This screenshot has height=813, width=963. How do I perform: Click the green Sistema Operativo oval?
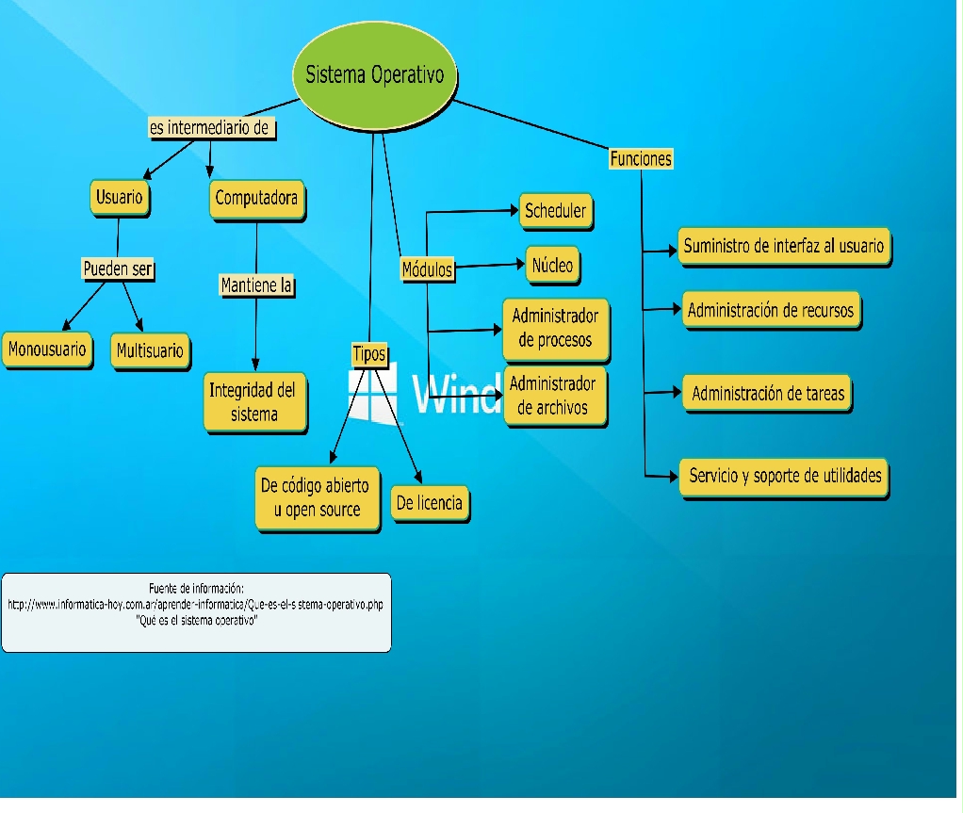pos(375,75)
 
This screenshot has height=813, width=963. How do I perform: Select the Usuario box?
pos(120,198)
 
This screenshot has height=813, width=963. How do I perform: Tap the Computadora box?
pos(256,199)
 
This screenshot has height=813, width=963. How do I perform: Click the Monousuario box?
pos(47,350)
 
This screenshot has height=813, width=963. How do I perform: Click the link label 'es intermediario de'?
pos(212,128)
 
